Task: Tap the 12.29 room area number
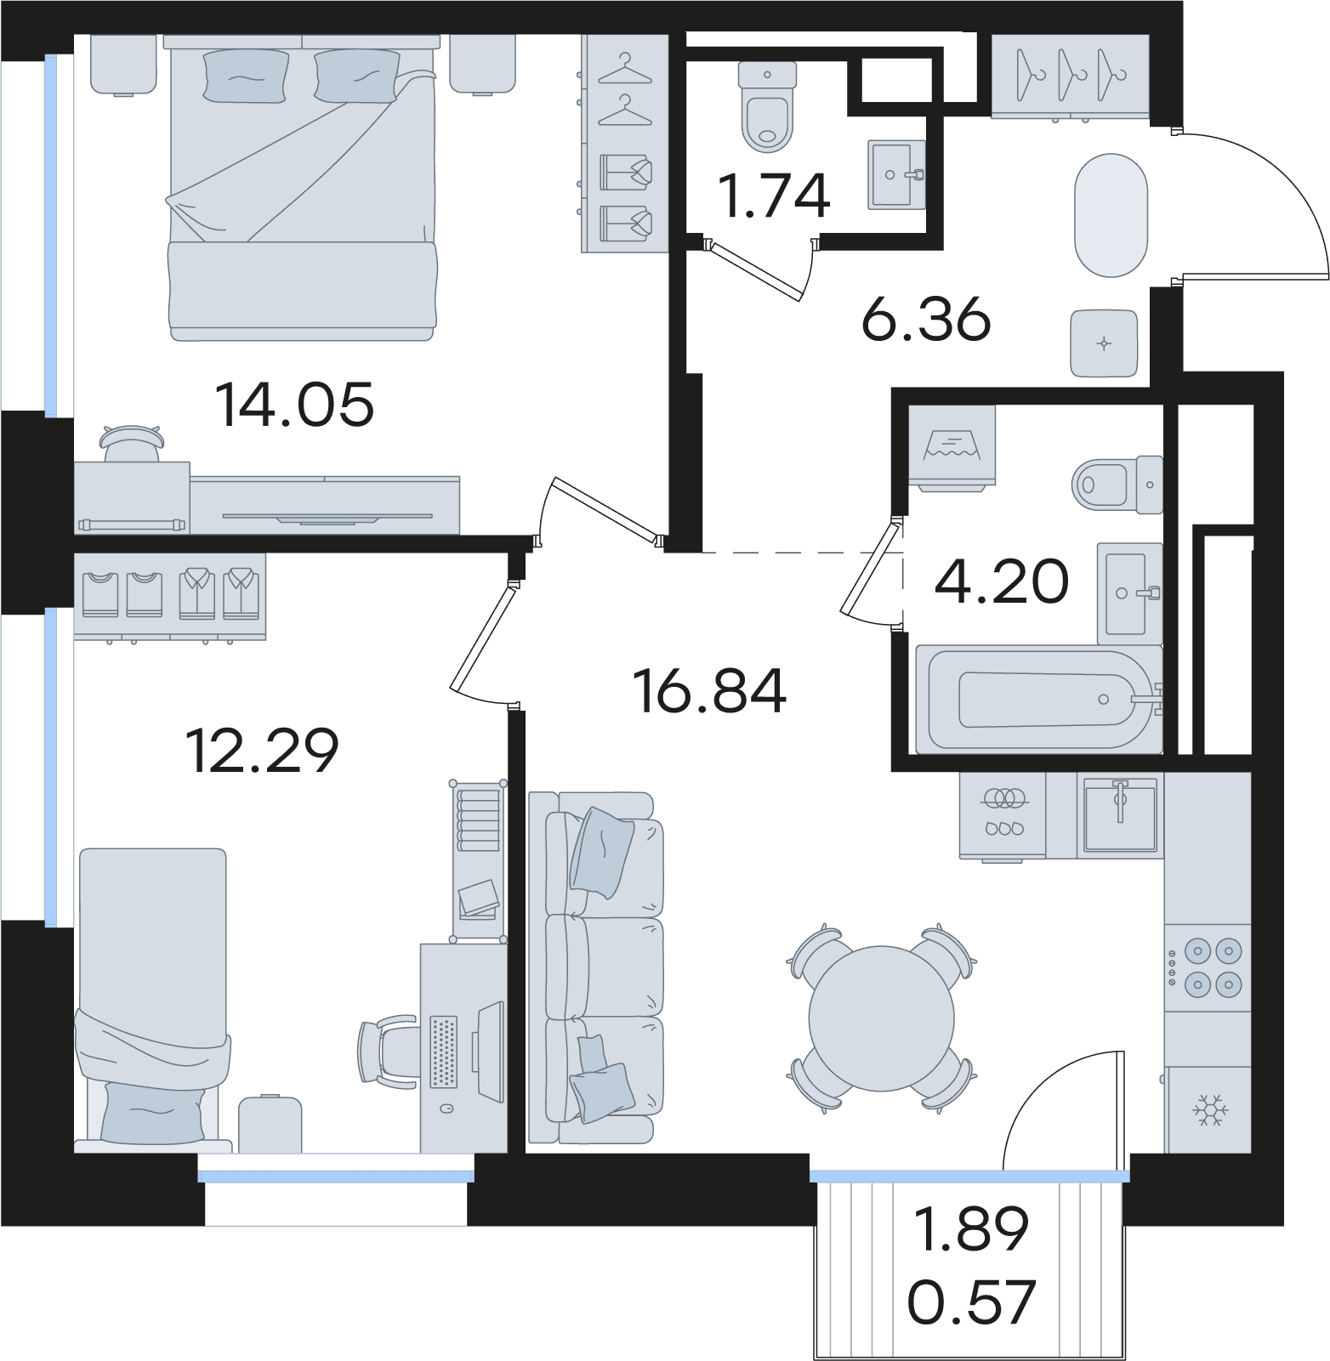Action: coord(262,750)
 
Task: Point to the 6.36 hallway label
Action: coord(926,319)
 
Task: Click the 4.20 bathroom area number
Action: coord(1002,581)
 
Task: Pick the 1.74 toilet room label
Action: coord(774,196)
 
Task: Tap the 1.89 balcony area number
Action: coord(971,1228)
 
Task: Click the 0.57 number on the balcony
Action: coord(971,1301)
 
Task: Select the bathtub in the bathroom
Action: coord(1039,699)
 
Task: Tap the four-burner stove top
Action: coord(1208,967)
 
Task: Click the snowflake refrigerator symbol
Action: coord(1208,1110)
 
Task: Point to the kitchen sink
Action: coord(1119,814)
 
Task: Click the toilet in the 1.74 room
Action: coord(767,105)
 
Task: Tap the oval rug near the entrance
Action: coord(1111,215)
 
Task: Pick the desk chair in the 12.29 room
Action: coord(387,1052)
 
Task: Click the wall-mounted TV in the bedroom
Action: coord(327,516)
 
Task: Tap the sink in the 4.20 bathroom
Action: coord(1129,593)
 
